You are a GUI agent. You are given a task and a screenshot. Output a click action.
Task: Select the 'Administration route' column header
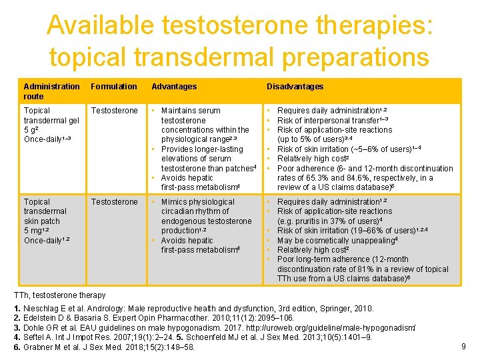[x=51, y=91]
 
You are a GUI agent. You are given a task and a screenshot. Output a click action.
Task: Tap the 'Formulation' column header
[x=114, y=87]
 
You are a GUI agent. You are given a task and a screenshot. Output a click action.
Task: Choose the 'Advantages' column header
[x=174, y=87]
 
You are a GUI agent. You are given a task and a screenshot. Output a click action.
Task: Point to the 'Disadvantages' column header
[x=295, y=87]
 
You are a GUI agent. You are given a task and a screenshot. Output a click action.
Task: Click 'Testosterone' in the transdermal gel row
[x=114, y=111]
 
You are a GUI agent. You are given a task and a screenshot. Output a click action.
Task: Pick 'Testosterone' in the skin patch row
[x=114, y=202]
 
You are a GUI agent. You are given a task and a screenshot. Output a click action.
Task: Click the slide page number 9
[x=463, y=345]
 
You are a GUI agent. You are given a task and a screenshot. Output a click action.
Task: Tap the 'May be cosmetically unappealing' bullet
[x=337, y=240]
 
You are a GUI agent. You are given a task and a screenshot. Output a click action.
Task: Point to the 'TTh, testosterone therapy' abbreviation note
[x=60, y=295]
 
